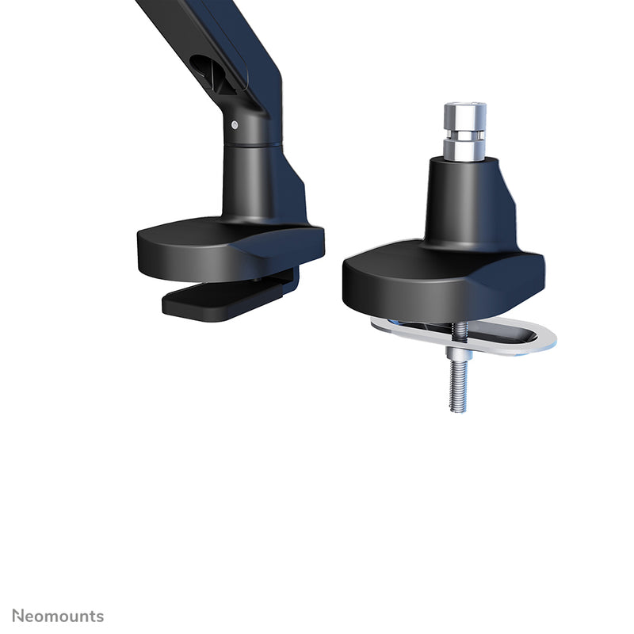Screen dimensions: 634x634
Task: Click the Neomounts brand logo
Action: pos(58,616)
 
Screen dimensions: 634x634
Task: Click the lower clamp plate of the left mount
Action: pos(214,300)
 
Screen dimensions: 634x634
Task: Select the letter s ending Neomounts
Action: pos(99,616)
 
